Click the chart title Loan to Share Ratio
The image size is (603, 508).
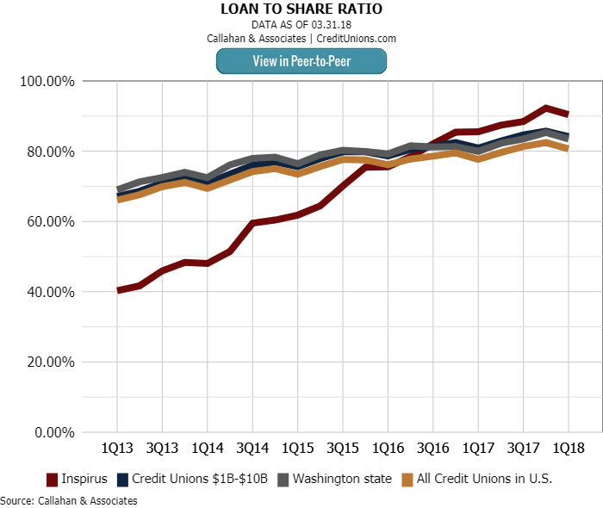tap(301, 9)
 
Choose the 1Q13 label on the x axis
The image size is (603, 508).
tap(116, 449)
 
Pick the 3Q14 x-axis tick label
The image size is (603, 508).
tap(252, 449)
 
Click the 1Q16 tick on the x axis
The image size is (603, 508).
tap(388, 449)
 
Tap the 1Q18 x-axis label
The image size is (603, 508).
tap(568, 449)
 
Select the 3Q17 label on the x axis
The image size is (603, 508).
tap(523, 449)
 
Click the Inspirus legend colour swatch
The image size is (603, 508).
tap(52, 479)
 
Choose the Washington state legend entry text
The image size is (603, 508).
tap(342, 479)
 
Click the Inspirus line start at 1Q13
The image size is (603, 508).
tap(117, 290)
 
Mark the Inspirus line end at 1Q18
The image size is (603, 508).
tap(568, 114)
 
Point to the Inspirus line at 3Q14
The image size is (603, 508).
tap(252, 223)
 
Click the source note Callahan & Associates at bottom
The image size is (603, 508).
tap(69, 500)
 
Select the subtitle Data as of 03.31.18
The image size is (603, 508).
tap(301, 25)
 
